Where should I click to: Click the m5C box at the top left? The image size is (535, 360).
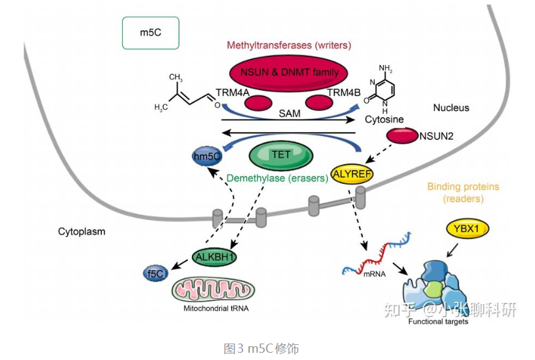pos(151,33)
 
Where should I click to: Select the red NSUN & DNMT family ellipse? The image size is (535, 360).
pos(289,73)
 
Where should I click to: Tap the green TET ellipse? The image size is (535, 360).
pos(281,156)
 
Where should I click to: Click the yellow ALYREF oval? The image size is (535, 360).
pos(352,174)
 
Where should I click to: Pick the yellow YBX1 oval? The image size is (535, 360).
pos(467,229)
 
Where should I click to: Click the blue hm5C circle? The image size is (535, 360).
pos(207,156)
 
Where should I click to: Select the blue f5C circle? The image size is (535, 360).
pos(156,274)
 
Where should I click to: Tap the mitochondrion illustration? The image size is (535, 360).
pos(213,290)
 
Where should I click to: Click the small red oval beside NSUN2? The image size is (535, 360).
pos(402,136)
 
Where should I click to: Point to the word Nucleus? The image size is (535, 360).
pos(451,108)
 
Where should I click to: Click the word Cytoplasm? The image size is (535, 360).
pos(81,231)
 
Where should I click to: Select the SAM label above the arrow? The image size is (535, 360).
pos(289,114)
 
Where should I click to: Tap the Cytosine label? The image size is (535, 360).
pos(384,120)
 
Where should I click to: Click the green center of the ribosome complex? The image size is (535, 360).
pos(433,290)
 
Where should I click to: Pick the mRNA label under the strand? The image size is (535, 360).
pos(374,274)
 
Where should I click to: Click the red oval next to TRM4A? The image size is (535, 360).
pos(259,103)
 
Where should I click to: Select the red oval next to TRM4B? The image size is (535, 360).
pos(319,102)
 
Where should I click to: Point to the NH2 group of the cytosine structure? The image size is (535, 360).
pos(385,68)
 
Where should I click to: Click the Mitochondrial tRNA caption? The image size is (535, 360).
pos(216,309)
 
